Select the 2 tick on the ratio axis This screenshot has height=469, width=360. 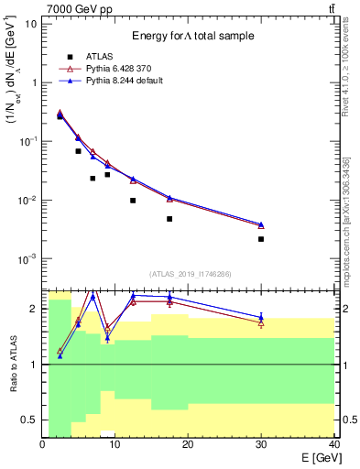point(35,309)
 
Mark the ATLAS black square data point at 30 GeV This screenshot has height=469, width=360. point(261,239)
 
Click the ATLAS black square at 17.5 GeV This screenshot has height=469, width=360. point(169,219)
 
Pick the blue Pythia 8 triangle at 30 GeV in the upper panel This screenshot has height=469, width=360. point(261,224)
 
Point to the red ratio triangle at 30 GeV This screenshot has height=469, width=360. point(261,323)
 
